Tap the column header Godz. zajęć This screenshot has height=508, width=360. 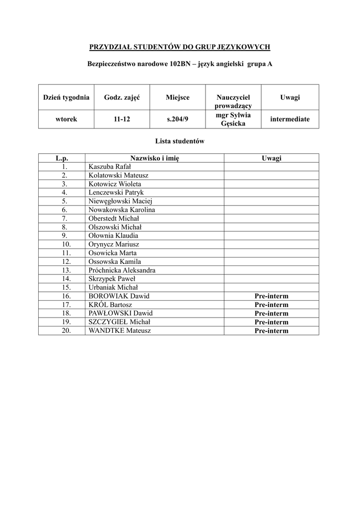point(122,97)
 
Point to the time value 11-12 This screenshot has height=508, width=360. point(122,119)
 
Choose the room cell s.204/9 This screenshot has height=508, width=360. point(177,119)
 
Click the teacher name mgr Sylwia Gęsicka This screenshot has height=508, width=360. point(233,119)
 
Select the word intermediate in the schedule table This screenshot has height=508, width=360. point(289,119)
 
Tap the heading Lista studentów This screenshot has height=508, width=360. point(179,141)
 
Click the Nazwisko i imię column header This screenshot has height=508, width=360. point(154,158)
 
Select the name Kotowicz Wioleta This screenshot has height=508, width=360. point(115,184)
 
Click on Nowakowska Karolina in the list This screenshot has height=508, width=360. point(122,210)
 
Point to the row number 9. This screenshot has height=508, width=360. point(65,236)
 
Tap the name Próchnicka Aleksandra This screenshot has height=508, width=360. point(122,270)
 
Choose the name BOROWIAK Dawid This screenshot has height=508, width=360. point(119,296)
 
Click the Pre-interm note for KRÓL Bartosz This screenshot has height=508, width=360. point(271,305)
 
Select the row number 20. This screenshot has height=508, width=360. point(65,330)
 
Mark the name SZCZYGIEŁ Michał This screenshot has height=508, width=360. point(119,322)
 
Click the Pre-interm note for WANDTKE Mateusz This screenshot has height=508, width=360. point(271,330)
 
